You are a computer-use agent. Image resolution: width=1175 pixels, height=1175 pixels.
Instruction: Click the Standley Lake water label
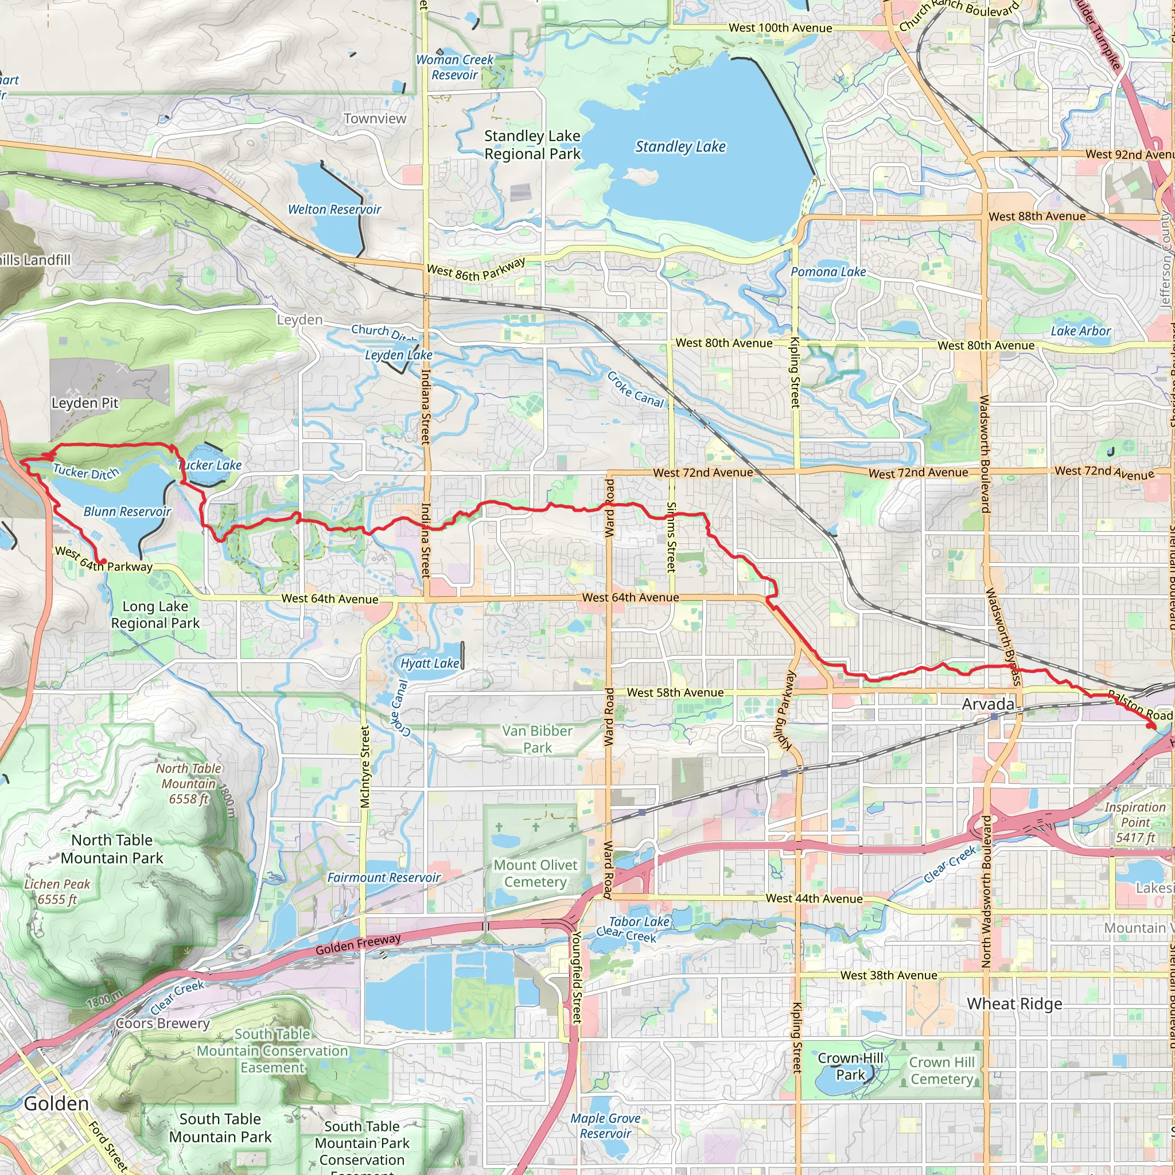[x=680, y=146]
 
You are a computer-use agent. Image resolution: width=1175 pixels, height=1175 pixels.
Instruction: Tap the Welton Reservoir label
[x=334, y=209]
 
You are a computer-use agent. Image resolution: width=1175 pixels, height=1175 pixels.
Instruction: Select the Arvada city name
[x=988, y=705]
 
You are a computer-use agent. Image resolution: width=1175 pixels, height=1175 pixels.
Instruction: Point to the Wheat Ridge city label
[x=1014, y=1003]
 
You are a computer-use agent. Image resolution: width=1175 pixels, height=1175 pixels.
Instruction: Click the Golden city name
[x=56, y=1103]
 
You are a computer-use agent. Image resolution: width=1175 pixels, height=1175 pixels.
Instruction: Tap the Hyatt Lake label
[x=429, y=664]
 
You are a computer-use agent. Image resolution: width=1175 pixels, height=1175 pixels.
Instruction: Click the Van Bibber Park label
[x=537, y=739]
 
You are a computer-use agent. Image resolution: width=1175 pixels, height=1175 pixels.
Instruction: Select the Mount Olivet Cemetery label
[x=535, y=873]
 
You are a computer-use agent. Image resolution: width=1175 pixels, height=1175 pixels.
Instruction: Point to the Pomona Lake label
[x=828, y=272]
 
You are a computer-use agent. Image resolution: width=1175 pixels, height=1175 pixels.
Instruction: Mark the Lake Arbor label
[x=1080, y=331]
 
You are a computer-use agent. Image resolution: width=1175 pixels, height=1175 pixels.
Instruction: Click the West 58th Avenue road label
[x=675, y=692]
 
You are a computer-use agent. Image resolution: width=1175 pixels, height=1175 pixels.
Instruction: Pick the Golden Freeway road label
[x=357, y=944]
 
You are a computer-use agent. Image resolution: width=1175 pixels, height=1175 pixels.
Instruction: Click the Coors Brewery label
[x=162, y=1023]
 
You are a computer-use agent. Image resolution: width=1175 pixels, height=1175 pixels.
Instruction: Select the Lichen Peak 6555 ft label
[x=57, y=892]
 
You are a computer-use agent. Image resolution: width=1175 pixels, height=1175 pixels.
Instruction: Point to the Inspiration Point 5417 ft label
[x=1135, y=822]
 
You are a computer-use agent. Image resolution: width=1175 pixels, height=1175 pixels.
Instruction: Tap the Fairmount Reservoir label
[x=383, y=878]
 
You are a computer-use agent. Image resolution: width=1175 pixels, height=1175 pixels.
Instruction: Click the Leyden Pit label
[x=84, y=403]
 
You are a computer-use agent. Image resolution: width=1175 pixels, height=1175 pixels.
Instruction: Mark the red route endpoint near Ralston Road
[x=1151, y=726]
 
